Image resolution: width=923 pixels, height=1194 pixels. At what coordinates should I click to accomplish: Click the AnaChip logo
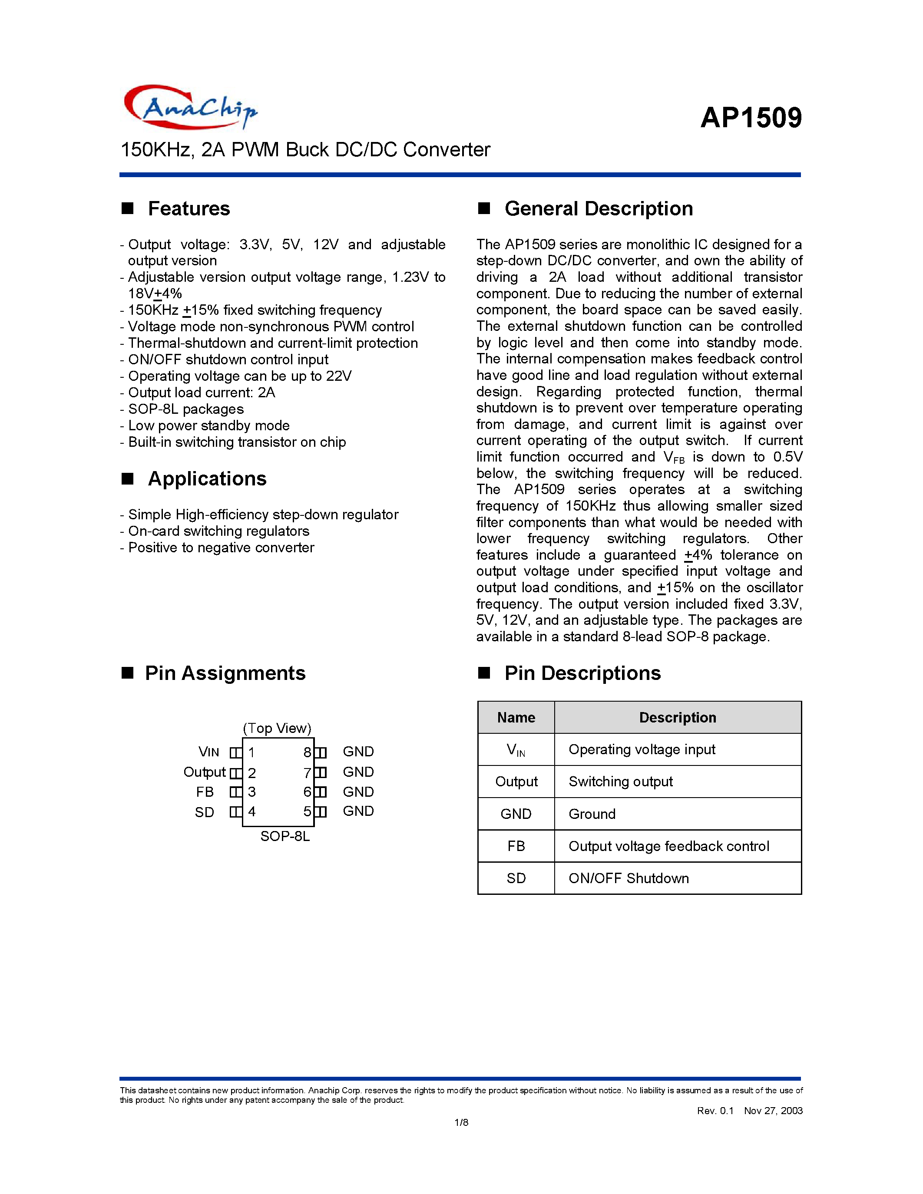[x=190, y=107]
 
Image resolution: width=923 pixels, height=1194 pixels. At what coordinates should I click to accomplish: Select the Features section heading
[x=189, y=209]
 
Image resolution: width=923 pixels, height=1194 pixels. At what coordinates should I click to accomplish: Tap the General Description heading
[x=598, y=209]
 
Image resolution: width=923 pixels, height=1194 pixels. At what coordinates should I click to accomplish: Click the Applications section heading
[x=207, y=479]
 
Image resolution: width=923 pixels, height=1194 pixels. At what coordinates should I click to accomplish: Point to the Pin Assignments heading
[x=225, y=673]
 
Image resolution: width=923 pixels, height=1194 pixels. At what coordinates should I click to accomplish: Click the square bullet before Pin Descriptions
[x=484, y=673]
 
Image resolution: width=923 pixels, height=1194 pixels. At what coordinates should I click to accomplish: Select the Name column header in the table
[x=516, y=717]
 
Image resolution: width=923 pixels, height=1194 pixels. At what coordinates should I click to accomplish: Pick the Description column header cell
[x=678, y=717]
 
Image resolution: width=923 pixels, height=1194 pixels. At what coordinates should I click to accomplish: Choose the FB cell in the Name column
[x=516, y=846]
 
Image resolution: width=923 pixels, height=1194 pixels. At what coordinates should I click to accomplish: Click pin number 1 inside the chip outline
[x=251, y=753]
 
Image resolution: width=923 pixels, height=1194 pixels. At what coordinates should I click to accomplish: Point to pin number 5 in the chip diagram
[x=307, y=812]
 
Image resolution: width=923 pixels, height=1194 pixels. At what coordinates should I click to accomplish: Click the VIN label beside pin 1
[x=209, y=752]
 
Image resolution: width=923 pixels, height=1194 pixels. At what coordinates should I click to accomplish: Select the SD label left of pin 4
[x=205, y=812]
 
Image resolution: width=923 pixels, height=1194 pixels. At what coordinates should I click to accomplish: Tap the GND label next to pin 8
[x=358, y=752]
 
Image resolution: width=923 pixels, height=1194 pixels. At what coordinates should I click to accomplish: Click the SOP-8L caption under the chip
[x=285, y=837]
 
